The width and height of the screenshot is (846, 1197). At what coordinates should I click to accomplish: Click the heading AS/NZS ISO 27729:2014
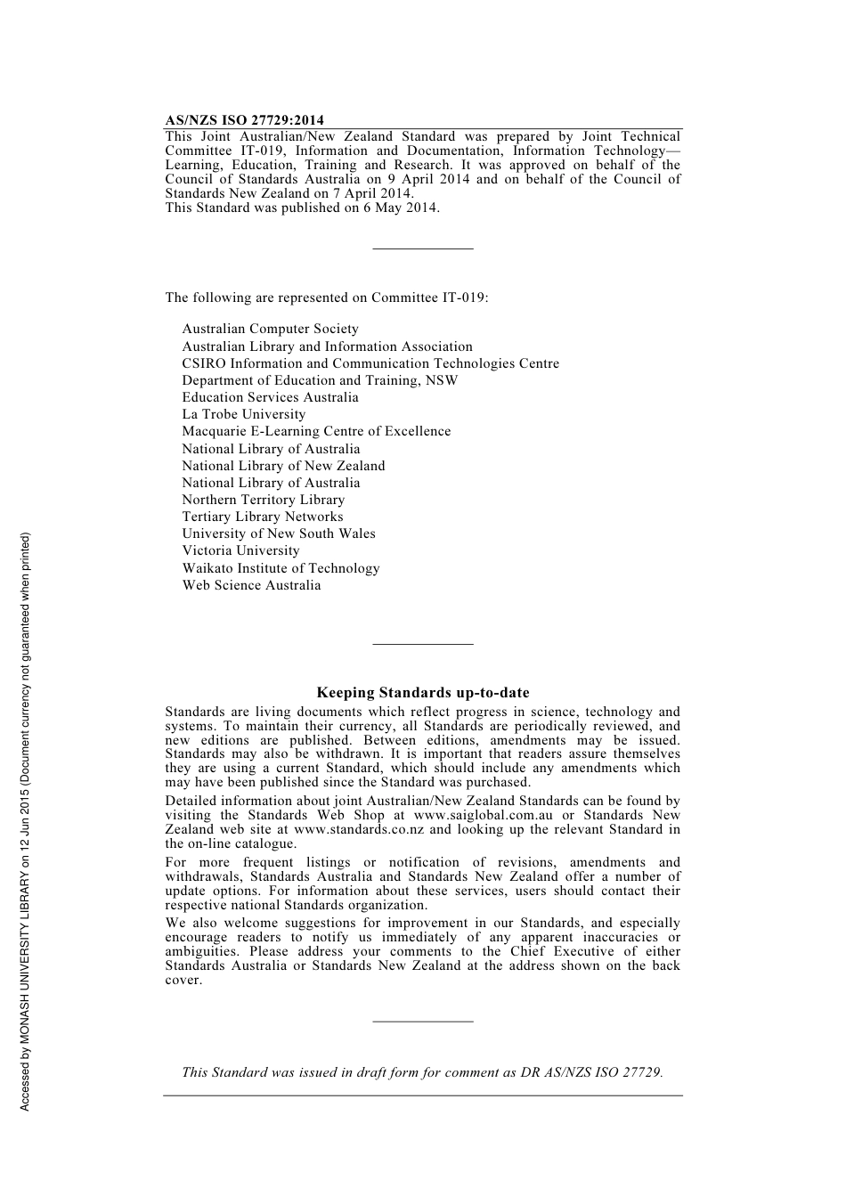[x=245, y=120]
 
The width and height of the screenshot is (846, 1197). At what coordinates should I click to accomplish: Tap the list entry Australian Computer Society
[x=270, y=329]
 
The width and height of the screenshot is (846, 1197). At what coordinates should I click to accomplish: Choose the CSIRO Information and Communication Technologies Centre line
[x=370, y=363]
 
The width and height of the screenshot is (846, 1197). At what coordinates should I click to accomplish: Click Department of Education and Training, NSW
[x=320, y=380]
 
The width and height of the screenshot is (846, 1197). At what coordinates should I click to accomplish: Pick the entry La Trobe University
[x=243, y=414]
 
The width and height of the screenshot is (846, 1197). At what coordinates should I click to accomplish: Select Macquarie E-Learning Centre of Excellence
[x=316, y=431]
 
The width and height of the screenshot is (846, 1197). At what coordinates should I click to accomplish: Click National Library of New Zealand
[x=283, y=466]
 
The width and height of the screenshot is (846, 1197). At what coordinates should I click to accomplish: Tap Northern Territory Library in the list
[x=263, y=500]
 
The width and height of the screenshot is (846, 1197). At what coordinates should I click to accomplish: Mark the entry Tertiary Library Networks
[x=262, y=517]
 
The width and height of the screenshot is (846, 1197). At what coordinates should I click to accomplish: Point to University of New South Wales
[x=279, y=533]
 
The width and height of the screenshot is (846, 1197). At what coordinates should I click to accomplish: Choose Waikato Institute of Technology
[x=281, y=568]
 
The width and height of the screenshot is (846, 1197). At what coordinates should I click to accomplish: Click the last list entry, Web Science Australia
[x=251, y=585]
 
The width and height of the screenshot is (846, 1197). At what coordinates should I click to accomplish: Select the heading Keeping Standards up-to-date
[x=423, y=693]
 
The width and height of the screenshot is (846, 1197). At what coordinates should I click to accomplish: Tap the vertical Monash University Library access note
[x=25, y=821]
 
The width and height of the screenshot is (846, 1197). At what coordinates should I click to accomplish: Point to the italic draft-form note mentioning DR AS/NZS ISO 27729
[x=422, y=1072]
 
